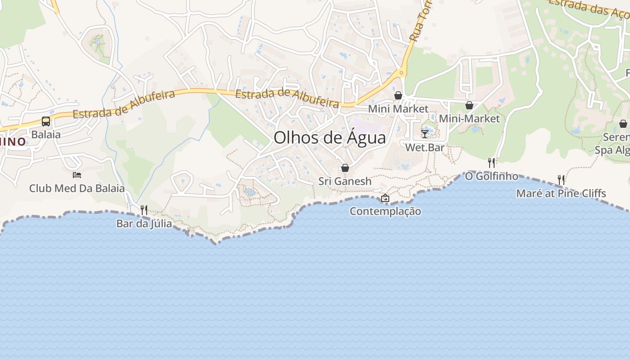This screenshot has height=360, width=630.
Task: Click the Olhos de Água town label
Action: pyautogui.click(x=330, y=138)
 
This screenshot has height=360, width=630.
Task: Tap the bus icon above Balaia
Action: pyautogui.click(x=46, y=121)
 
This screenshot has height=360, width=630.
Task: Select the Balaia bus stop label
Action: pyautogui.click(x=46, y=134)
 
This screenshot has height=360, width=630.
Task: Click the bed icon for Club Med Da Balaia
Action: pyautogui.click(x=77, y=175)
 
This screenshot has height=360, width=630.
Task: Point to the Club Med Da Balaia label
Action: pyautogui.click(x=77, y=188)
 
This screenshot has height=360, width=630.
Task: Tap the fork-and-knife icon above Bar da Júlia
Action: pyautogui.click(x=144, y=210)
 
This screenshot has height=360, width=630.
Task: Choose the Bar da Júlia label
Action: pyautogui.click(x=144, y=223)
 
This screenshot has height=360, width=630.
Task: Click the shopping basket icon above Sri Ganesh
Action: pyautogui.click(x=345, y=168)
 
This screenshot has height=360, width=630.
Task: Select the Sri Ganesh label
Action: pyautogui.click(x=345, y=181)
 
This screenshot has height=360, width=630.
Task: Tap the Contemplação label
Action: pyautogui.click(x=385, y=211)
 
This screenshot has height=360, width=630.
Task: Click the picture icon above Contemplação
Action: pyautogui.click(x=385, y=198)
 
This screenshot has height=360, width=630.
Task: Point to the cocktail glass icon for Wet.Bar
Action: pyautogui.click(x=425, y=134)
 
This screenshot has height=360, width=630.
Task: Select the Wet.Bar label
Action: pyautogui.click(x=425, y=147)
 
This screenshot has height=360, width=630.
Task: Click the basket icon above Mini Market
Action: pyautogui.click(x=398, y=95)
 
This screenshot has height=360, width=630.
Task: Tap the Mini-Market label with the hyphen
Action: pyautogui.click(x=469, y=118)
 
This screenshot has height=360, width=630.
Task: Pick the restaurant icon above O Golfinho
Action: pyautogui.click(x=491, y=162)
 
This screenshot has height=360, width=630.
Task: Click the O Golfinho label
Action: pyautogui.click(x=491, y=176)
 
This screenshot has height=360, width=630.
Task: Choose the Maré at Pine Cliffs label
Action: pyautogui.click(x=561, y=193)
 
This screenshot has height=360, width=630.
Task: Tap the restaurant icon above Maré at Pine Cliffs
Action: pyautogui.click(x=561, y=180)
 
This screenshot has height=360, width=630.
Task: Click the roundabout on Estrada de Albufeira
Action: pyautogui.click(x=401, y=72)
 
